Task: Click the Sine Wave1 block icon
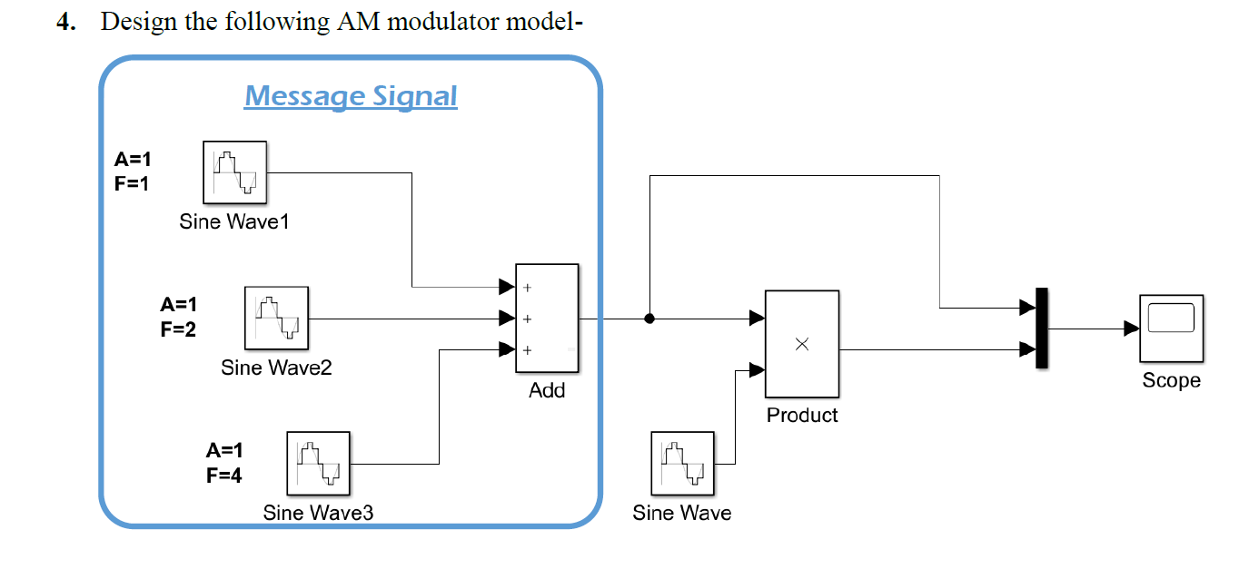tap(234, 172)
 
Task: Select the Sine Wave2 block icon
tap(276, 318)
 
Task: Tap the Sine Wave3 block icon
tap(319, 463)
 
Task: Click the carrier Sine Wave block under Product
tap(682, 463)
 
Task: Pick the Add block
tap(547, 318)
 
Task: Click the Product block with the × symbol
tap(801, 344)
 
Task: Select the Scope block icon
tap(1171, 328)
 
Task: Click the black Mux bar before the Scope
tap(1041, 328)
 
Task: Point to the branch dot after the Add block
tap(649, 319)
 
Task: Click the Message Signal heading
tap(351, 96)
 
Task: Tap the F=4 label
tap(224, 475)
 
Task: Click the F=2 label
tap(178, 329)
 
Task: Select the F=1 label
tap(133, 183)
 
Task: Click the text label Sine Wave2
tap(276, 368)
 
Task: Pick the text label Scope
tap(1171, 380)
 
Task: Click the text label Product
tap(802, 415)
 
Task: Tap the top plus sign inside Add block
tap(527, 288)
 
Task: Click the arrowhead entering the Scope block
tap(1132, 329)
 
